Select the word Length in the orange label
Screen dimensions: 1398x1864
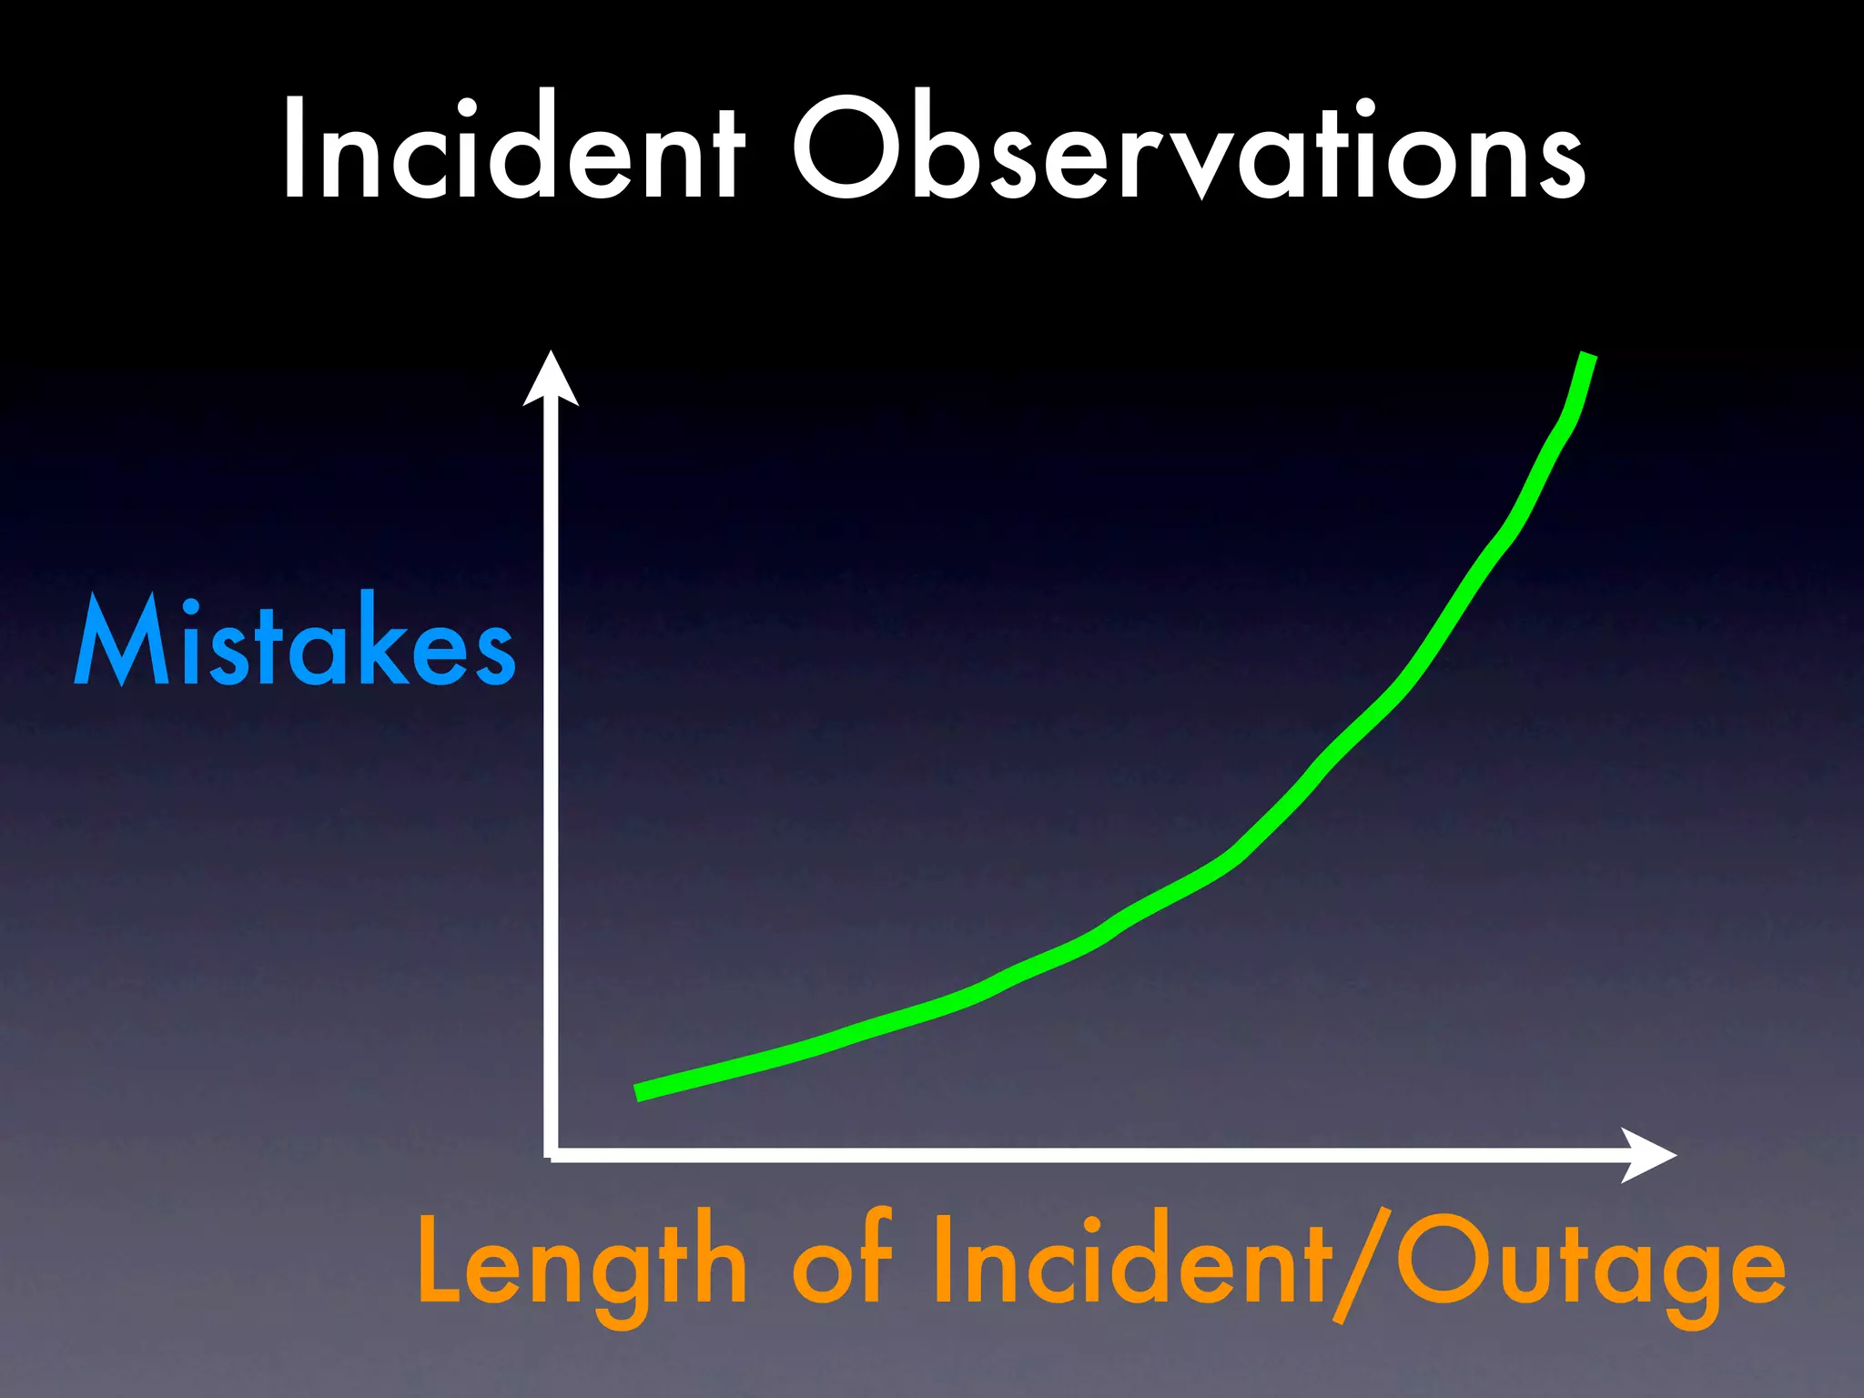click(x=582, y=1265)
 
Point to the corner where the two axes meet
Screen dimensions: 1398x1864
click(x=552, y=1155)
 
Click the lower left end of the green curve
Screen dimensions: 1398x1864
click(x=639, y=1093)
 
